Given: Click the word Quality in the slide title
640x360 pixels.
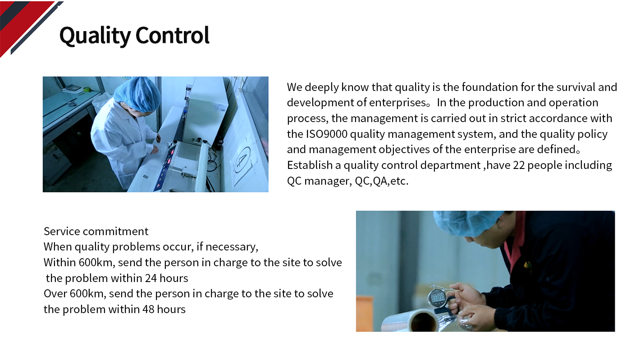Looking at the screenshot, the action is click(x=95, y=36).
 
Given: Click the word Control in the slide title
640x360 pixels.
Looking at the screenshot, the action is click(x=172, y=35).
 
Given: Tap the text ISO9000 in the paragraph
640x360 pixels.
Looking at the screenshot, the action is click(x=327, y=134).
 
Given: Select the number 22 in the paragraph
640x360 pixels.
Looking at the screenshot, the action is click(x=519, y=165).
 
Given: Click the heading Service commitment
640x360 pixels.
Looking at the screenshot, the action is click(x=96, y=231).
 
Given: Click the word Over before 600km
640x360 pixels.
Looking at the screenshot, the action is click(x=55, y=294).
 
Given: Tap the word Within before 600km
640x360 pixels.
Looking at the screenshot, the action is click(x=59, y=263).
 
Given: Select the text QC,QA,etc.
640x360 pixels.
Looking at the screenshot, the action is click(x=382, y=181).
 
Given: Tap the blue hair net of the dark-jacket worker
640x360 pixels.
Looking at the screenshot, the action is click(x=469, y=223).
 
